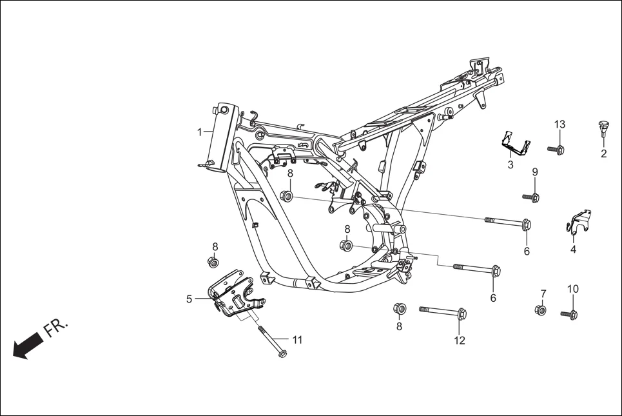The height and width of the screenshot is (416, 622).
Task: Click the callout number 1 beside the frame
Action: (200, 132)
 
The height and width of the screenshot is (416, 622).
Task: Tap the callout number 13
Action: (559, 124)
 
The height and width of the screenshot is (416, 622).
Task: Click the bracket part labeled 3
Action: (516, 144)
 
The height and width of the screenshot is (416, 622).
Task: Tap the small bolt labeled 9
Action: (531, 197)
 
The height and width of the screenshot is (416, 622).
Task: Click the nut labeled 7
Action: (540, 311)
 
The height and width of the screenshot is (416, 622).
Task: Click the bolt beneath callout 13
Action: (556, 150)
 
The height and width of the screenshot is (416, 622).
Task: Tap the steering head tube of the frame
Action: (219, 138)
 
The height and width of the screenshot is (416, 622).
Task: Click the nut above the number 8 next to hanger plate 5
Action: (212, 261)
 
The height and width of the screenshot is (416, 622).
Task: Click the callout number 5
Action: (189, 299)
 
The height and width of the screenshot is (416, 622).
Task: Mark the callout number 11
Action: (296, 339)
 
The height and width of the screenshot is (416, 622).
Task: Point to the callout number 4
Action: (573, 249)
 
